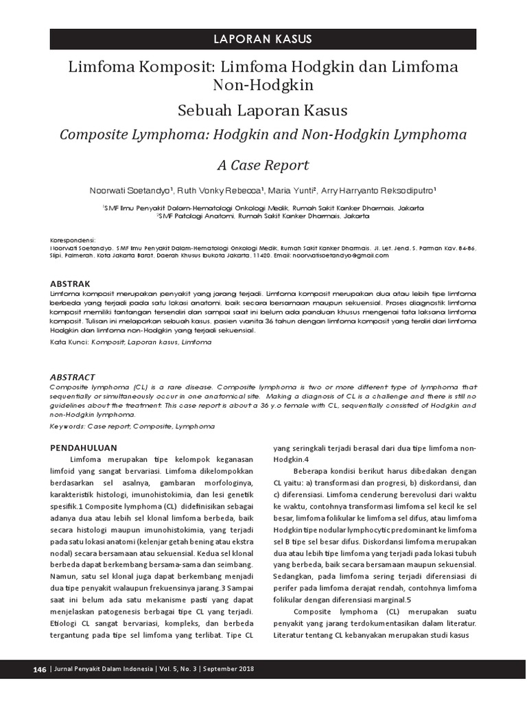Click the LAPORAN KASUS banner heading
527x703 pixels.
pyautogui.click(x=263, y=38)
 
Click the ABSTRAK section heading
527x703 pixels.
pyautogui.click(x=71, y=283)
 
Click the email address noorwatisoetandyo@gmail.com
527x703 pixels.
pyautogui.click(x=337, y=254)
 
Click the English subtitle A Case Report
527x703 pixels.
pyautogui.click(x=263, y=165)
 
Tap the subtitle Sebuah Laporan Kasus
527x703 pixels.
pyautogui.click(x=263, y=110)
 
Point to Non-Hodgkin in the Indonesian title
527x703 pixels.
pyautogui.click(x=263, y=85)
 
